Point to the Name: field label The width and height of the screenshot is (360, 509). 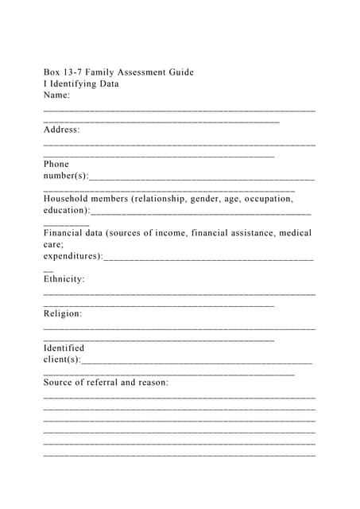pos(57,95)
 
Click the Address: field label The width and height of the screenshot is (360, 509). pos(62,130)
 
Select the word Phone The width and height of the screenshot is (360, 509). pos(56,164)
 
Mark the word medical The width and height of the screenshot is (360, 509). pos(294,233)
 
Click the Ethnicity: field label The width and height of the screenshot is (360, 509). pos(64,279)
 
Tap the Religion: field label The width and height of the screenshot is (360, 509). pos(63,313)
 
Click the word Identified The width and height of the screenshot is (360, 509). pos(64,348)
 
